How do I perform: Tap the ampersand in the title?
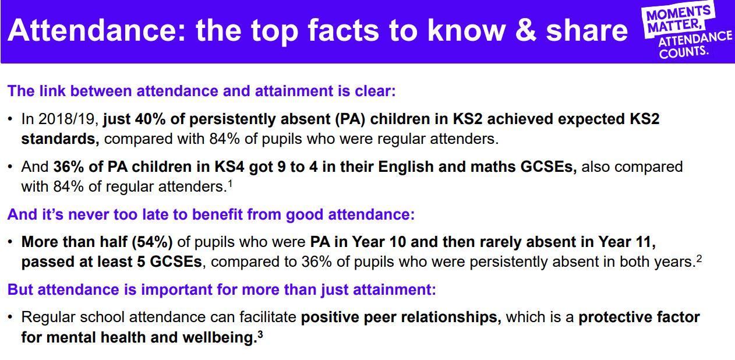tap(525, 30)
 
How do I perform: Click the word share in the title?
tap(586, 30)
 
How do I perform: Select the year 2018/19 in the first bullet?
tap(67, 119)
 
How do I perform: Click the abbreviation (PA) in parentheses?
tap(350, 119)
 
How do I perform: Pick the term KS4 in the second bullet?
tap(229, 167)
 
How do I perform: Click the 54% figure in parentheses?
tap(152, 242)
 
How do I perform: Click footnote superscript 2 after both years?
tap(699, 259)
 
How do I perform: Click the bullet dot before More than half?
tap(10, 242)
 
